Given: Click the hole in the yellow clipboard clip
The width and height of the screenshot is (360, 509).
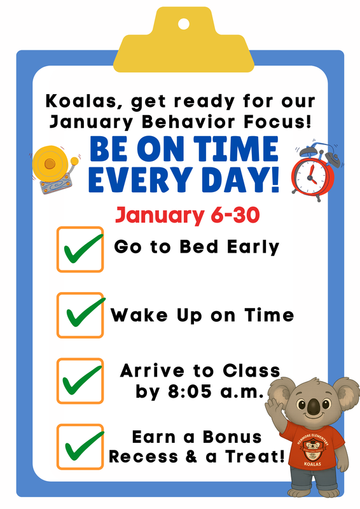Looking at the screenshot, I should click(x=183, y=24).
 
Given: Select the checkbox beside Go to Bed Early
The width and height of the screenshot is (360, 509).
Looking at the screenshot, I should click(x=80, y=249).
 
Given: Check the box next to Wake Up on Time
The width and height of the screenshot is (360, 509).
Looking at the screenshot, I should click(x=80, y=315).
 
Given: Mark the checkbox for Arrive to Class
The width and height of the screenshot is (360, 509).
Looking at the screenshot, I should click(x=80, y=380).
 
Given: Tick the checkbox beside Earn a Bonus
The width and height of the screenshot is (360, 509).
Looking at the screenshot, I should click(x=80, y=446).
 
